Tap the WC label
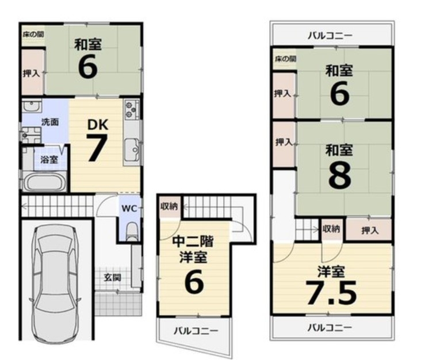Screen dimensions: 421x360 [x=129, y=209]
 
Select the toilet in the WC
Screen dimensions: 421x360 [x=132, y=232]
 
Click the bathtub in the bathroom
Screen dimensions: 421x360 [x=45, y=182]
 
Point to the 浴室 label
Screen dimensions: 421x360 [x=49, y=160]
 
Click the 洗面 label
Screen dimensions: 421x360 [x=50, y=122]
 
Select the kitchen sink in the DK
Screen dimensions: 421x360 [x=132, y=150]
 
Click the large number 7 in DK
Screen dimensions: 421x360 [x=97, y=148]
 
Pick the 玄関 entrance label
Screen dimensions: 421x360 [x=112, y=277]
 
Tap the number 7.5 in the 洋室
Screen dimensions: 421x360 [x=332, y=293]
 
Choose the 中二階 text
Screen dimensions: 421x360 [x=193, y=242]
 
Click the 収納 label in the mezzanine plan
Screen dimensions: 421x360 [x=169, y=206]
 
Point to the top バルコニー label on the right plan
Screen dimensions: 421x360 [x=330, y=36]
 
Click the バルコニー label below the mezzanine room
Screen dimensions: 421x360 [x=196, y=331]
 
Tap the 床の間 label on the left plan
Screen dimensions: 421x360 [x=33, y=35]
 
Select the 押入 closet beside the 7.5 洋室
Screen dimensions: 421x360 [x=369, y=230]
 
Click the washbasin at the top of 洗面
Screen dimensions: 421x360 [x=32, y=105]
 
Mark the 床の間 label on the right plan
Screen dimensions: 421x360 [x=285, y=59]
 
